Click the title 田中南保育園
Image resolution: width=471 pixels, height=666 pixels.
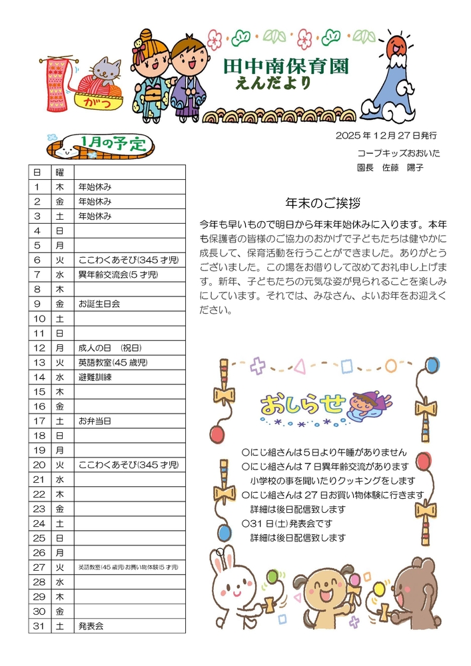coord(286,66)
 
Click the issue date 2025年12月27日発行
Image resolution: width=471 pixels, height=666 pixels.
coord(386,135)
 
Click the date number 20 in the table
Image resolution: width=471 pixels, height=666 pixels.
coord(39,465)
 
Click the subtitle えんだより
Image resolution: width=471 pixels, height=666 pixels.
coord(272,83)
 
